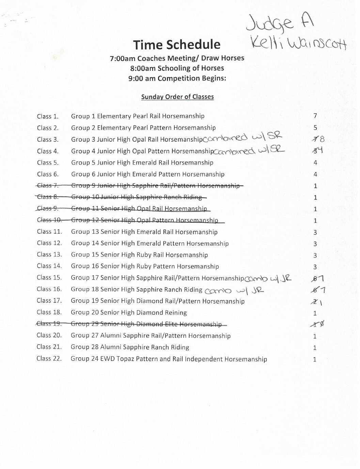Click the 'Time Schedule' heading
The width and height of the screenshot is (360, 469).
pyautogui.click(x=177, y=45)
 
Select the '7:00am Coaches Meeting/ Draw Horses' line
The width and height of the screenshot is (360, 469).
pyautogui.click(x=177, y=58)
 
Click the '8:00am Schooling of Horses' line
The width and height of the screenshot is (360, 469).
pyautogui.click(x=177, y=68)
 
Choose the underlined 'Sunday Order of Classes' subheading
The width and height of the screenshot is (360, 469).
pyautogui.click(x=177, y=97)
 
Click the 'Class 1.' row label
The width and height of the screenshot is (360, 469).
pyautogui.click(x=48, y=116)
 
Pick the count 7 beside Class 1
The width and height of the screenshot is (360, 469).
pyautogui.click(x=315, y=116)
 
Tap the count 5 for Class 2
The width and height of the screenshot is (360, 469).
pyautogui.click(x=315, y=128)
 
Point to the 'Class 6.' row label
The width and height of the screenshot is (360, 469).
pyautogui.click(x=48, y=174)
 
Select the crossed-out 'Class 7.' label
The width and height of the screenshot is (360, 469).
pyautogui.click(x=48, y=186)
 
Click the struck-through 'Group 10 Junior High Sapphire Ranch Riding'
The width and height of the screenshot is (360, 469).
pyautogui.click(x=136, y=197)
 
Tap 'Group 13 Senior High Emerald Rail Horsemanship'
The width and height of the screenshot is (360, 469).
pyautogui.click(x=144, y=232)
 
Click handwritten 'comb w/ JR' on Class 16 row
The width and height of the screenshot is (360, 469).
pyautogui.click(x=235, y=290)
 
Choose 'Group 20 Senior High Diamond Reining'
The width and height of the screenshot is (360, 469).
pyautogui.click(x=129, y=313)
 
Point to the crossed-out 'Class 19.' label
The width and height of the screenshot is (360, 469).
pyautogui.click(x=49, y=324)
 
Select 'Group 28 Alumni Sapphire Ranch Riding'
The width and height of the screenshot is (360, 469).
pyautogui.click(x=130, y=347)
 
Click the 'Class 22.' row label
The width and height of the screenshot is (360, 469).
pyautogui.click(x=49, y=359)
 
